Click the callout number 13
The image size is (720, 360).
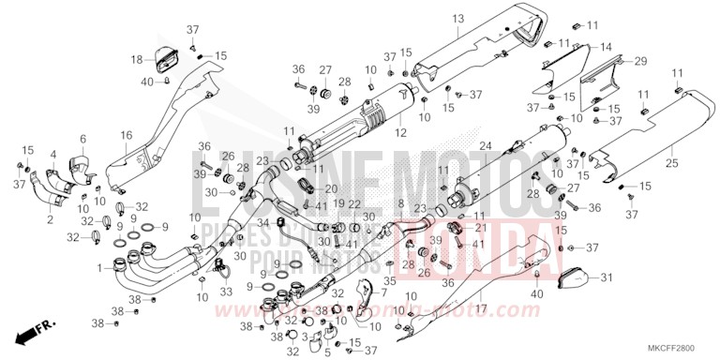pos(458,19)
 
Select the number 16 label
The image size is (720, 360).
pos(126,136)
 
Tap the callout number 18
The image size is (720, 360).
pos(137,59)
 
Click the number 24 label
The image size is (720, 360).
pos(486,145)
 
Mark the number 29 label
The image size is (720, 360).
pos(640,61)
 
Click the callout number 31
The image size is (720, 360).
pos(606,277)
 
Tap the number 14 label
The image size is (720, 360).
pos(606,47)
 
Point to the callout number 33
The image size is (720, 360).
pos(226,291)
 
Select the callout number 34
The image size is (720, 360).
pos(263,222)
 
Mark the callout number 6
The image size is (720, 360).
pos(82,139)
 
